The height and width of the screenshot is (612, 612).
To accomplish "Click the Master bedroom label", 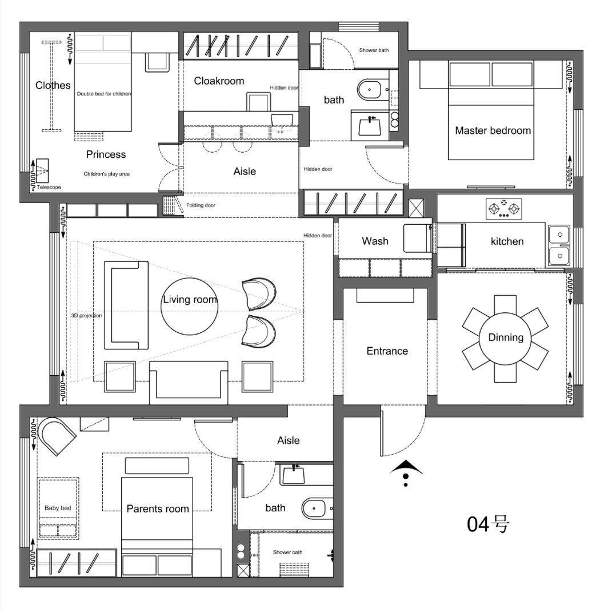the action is coord(493,130).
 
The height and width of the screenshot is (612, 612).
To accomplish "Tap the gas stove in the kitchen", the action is coord(504,209).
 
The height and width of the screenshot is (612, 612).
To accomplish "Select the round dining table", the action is coord(506,339).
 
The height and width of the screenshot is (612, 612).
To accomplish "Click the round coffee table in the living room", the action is coord(189,306).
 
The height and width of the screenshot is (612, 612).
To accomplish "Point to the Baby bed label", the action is coord(58,508).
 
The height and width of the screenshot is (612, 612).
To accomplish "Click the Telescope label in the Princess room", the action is coord(49,187).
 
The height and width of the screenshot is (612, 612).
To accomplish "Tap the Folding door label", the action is coord(201,205).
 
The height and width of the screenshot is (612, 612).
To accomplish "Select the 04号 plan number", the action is coord(488,524).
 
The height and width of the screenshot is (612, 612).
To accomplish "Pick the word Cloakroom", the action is coord(219,81).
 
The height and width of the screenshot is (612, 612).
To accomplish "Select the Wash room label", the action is coord(375,241).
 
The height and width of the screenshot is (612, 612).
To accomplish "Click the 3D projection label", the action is coord(86,316).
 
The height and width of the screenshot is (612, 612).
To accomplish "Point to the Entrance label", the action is coord(387,351).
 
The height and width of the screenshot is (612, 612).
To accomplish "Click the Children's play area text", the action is coord(106,174).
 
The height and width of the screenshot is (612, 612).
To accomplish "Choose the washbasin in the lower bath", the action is coord(293,474).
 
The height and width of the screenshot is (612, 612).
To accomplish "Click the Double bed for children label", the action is coord(104,94).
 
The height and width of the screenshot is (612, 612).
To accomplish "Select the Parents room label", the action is coord(158,509).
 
